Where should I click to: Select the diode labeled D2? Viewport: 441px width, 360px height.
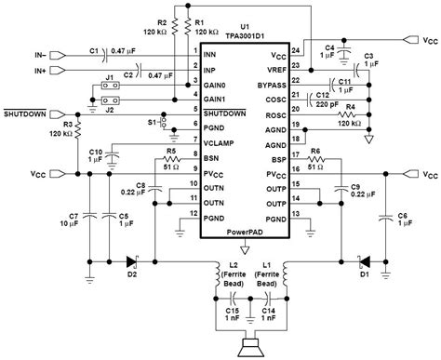[x=131, y=260]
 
